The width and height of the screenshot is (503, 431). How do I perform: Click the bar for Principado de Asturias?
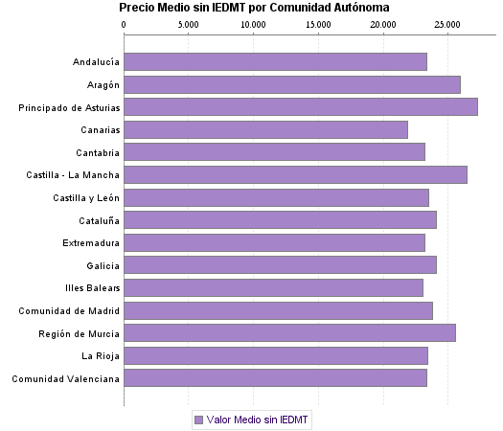point(300,107)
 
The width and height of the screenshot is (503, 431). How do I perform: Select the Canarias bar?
point(265,129)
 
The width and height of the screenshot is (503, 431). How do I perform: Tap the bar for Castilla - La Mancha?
point(295,174)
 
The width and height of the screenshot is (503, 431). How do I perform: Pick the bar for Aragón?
point(292,84)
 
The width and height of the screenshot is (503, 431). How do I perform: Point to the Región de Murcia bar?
point(289,333)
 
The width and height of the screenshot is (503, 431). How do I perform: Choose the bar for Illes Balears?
point(273,287)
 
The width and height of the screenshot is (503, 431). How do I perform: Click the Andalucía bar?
point(275,62)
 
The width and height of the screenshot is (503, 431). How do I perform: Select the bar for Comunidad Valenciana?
point(275,378)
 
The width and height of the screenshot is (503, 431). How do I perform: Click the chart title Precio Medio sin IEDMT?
point(254,8)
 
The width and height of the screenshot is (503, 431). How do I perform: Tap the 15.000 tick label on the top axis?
point(318,23)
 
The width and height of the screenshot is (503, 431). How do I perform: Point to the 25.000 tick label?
point(447,23)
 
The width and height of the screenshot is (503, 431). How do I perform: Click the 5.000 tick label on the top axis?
point(189,23)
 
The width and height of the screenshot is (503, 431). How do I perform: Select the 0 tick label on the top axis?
point(125,23)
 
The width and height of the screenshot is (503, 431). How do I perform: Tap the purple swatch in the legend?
point(198,420)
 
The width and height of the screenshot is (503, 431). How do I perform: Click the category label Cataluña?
point(94,220)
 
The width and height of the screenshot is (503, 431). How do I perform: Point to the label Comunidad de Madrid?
point(69,310)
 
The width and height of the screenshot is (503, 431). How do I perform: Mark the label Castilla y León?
point(86,197)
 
